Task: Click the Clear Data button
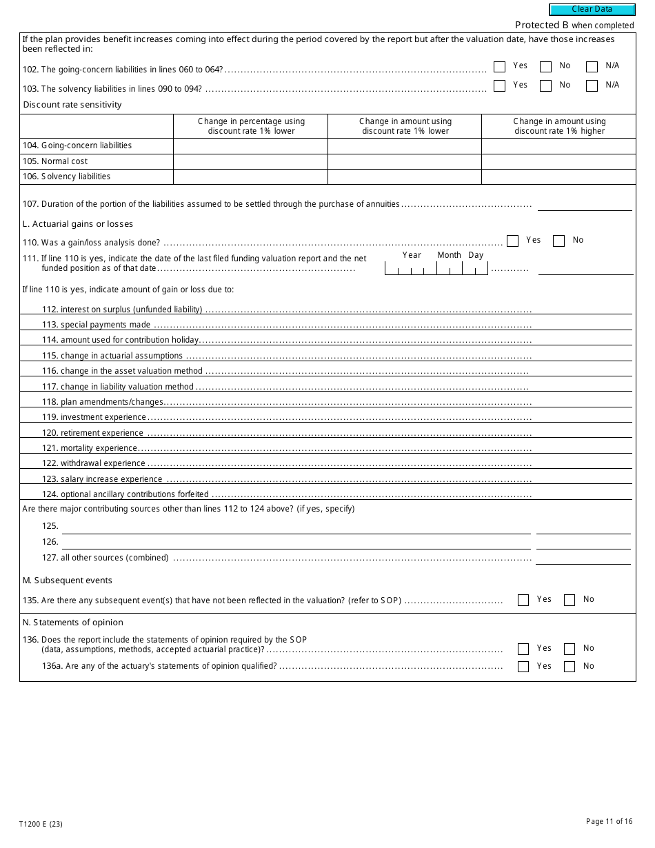click(592, 10)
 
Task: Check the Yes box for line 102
click(500, 67)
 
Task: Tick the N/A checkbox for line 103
click(592, 86)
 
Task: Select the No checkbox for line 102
click(545, 67)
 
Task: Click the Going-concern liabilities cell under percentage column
click(250, 146)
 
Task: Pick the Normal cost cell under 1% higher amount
click(558, 161)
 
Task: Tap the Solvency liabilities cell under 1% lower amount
click(404, 176)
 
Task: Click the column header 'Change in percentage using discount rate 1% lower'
click(250, 126)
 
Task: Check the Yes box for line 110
click(512, 241)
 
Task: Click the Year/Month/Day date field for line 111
click(436, 269)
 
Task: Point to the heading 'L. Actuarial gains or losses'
click(78, 224)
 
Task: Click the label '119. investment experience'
click(103, 417)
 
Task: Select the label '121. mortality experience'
click(99, 448)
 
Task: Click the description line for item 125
click(296, 527)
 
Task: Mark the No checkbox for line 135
click(570, 600)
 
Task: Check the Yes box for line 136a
click(523, 667)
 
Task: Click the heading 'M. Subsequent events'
click(68, 581)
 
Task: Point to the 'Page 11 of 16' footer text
click(609, 821)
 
